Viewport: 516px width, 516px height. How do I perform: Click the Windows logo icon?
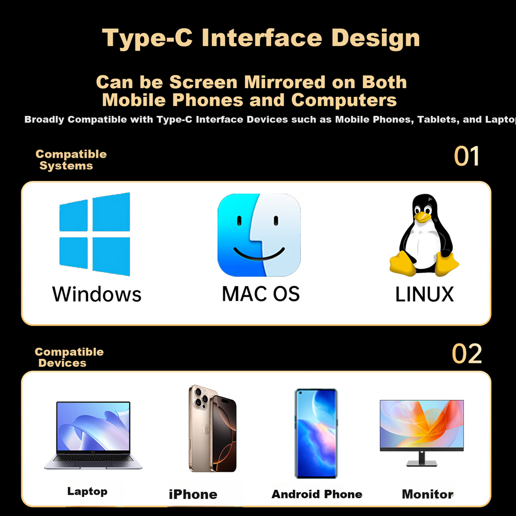(94, 234)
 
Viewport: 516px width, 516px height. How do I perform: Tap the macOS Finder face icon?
(259, 235)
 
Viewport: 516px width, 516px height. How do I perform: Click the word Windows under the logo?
(97, 294)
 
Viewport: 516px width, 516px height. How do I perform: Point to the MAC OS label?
(261, 294)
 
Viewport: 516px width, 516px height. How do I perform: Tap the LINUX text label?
(424, 294)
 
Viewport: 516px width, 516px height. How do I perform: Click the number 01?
(466, 156)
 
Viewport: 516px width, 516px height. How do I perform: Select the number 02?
(467, 354)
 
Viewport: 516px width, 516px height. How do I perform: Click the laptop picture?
(93, 435)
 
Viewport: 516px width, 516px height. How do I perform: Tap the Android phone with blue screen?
(316, 433)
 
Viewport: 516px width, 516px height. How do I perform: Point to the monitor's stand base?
(422, 464)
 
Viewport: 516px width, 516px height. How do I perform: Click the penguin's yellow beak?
(422, 217)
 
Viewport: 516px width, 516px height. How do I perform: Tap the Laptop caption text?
(87, 491)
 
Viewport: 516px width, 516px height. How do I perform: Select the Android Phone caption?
(316, 494)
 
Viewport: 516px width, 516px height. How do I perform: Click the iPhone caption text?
(193, 494)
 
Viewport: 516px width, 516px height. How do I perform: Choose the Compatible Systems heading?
(71, 160)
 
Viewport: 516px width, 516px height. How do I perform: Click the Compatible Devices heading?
(69, 357)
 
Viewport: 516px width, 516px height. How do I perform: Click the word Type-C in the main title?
(147, 39)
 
